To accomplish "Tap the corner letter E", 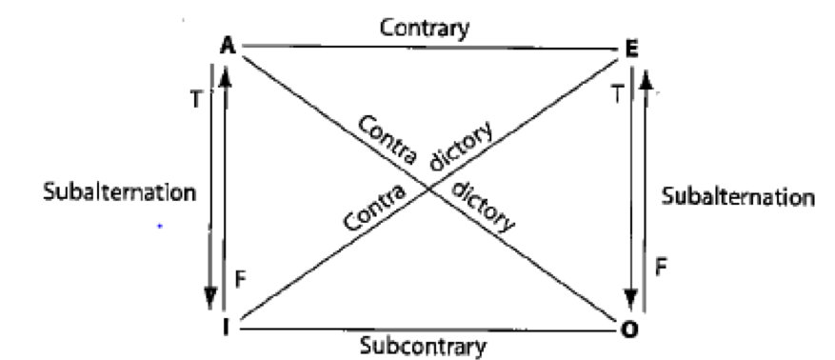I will pos(628,48).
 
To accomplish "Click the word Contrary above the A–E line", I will pos(424,29).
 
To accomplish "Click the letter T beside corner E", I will pos(620,95).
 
